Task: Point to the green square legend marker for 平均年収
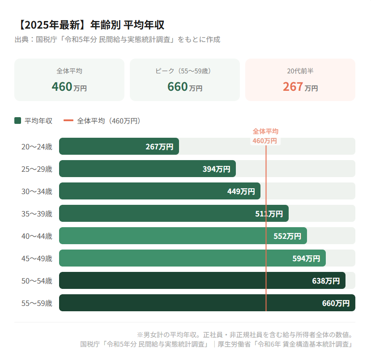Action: point(18,121)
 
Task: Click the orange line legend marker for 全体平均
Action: point(68,121)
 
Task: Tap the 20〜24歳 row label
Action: point(37,147)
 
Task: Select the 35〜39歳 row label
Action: point(37,214)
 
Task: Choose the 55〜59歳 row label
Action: point(37,303)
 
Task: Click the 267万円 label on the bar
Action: point(159,147)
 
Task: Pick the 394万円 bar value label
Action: point(216,169)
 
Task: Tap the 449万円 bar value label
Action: point(241,191)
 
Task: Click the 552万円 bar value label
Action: point(287,236)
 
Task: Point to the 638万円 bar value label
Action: point(326,281)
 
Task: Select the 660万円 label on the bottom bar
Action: point(336,303)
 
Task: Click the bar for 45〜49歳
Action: point(179,258)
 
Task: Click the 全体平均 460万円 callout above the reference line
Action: point(265,136)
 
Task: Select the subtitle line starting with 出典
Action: point(117,39)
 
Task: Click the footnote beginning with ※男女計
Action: point(246,335)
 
